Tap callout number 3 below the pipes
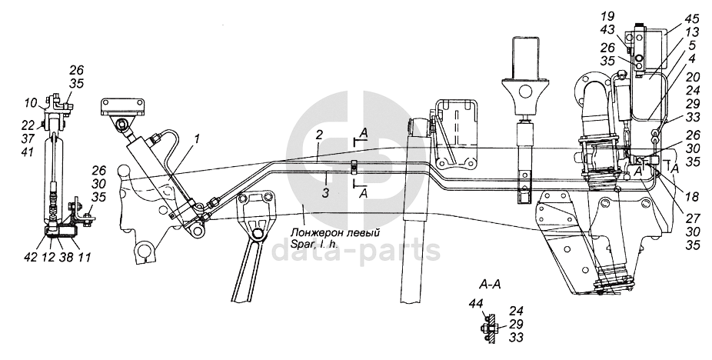click(x=325, y=193)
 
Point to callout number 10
click(x=32, y=103)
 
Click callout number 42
click(x=32, y=257)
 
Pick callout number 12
click(x=48, y=257)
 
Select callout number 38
click(x=66, y=257)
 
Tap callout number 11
click(x=85, y=257)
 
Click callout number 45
click(x=693, y=19)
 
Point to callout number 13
click(x=693, y=32)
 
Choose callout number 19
click(x=607, y=16)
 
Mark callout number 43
click(x=607, y=29)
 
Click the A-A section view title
click(x=490, y=285)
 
